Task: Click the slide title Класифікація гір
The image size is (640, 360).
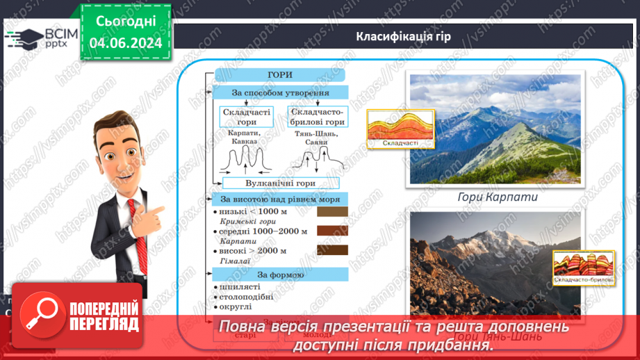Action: tap(403, 37)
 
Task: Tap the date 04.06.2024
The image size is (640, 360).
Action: tap(126, 43)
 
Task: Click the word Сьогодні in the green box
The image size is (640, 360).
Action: tap(126, 22)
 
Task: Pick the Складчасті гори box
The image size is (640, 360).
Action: tap(246, 117)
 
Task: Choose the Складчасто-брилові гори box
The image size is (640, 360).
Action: tap(318, 117)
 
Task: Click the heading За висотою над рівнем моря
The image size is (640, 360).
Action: tap(279, 199)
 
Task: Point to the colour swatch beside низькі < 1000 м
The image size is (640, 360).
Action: tap(332, 212)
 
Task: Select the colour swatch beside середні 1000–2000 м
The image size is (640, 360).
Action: tap(332, 231)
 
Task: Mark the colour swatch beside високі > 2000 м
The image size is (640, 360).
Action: tap(332, 250)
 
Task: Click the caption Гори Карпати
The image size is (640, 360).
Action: tap(498, 197)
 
